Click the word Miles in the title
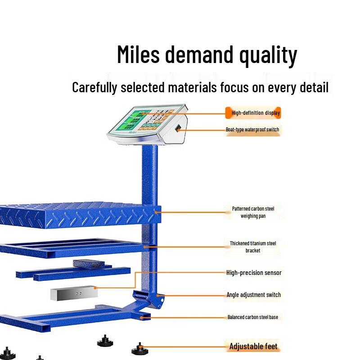(x=138, y=54)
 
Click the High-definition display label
(x=255, y=113)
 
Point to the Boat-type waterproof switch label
(x=252, y=130)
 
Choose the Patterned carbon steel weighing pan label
(x=253, y=212)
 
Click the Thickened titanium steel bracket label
(x=253, y=247)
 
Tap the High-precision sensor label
(x=254, y=273)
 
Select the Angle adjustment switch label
(x=253, y=295)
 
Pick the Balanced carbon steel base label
(x=252, y=317)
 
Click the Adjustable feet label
(x=253, y=346)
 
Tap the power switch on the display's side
(x=178, y=129)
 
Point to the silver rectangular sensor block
(x=74, y=293)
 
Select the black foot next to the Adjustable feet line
(x=139, y=348)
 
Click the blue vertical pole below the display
(x=149, y=180)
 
